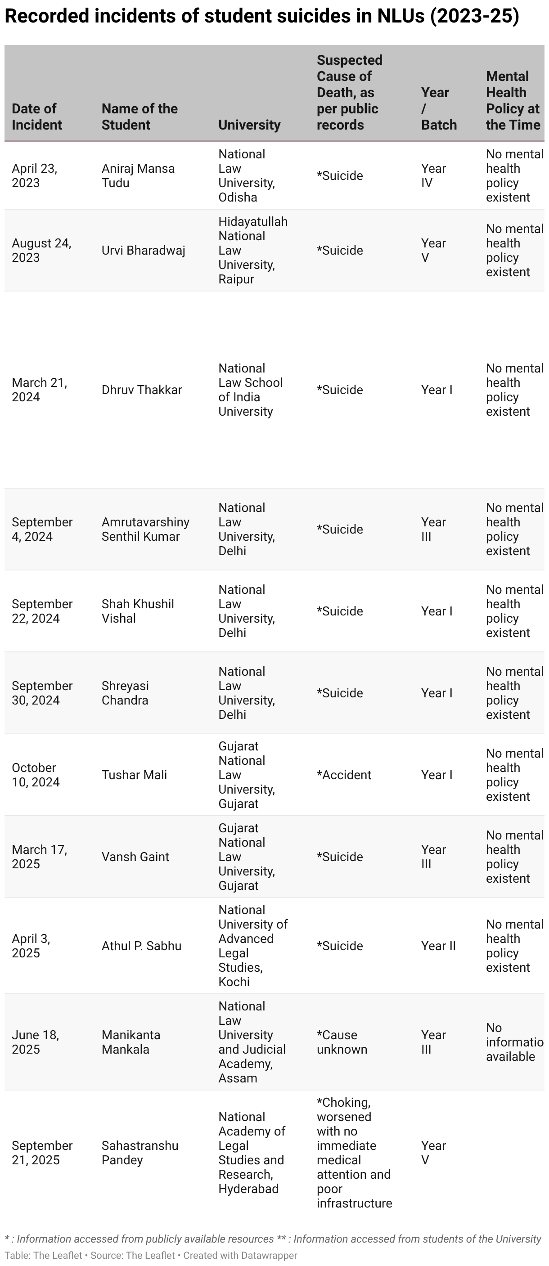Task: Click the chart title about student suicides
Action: pyautogui.click(x=261, y=16)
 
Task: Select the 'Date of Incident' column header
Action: pyautogui.click(x=36, y=117)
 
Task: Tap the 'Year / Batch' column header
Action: pyautogui.click(x=438, y=108)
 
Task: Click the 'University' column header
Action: pyautogui.click(x=249, y=125)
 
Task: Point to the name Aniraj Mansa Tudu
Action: pyautogui.click(x=138, y=175)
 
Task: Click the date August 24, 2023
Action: pyautogui.click(x=41, y=250)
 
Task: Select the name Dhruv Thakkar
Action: pyautogui.click(x=142, y=390)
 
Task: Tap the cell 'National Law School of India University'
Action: pyautogui.click(x=250, y=390)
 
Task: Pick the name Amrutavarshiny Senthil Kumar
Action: pyautogui.click(x=145, y=530)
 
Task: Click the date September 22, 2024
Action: pyautogui.click(x=42, y=611)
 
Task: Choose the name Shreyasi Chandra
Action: pyautogui.click(x=125, y=693)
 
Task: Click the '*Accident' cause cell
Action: pyautogui.click(x=343, y=775)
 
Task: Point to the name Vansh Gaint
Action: pyautogui.click(x=135, y=857)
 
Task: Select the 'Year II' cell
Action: pyautogui.click(x=438, y=946)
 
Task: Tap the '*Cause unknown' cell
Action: pyautogui.click(x=342, y=1042)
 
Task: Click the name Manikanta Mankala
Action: pyautogui.click(x=131, y=1042)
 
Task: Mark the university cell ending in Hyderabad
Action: pyautogui.click(x=251, y=1153)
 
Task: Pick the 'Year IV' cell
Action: pyautogui.click(x=433, y=175)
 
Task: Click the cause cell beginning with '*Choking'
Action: pyautogui.click(x=354, y=1153)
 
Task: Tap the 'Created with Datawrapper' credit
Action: pyautogui.click(x=240, y=1255)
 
